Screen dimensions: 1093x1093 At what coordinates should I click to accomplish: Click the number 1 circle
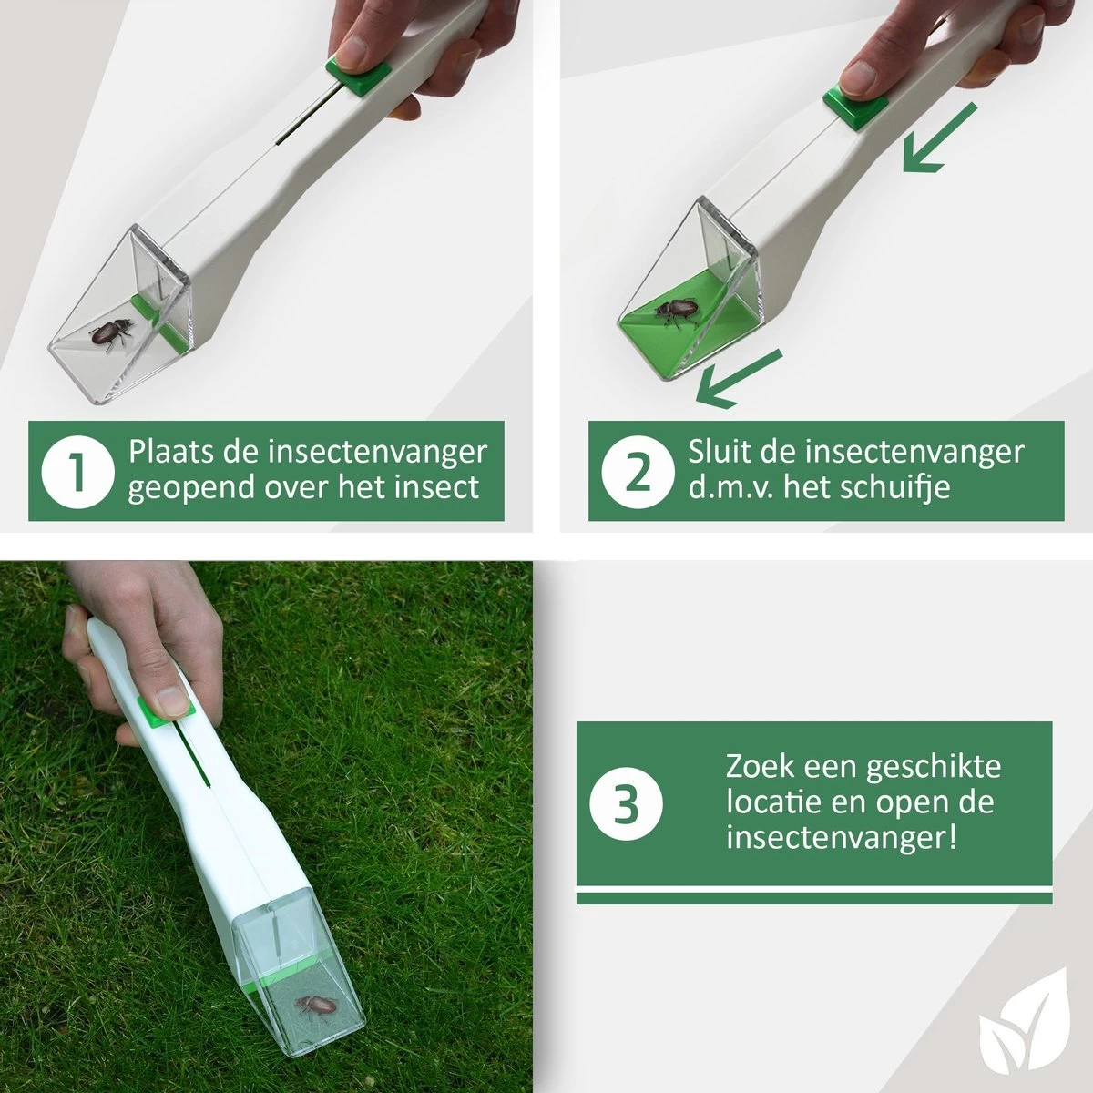coord(77,471)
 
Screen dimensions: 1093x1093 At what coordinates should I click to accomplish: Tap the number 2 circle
coord(638,471)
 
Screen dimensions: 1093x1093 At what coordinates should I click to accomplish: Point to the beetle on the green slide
coord(677,312)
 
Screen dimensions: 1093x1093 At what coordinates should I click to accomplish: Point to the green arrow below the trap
coord(740,379)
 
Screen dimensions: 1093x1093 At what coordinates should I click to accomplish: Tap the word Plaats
coord(170,452)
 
